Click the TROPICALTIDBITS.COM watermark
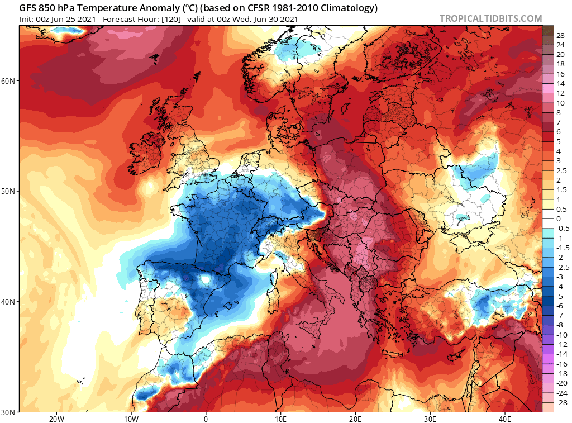(x=490, y=18)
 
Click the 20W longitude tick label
(x=56, y=418)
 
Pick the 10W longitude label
(x=131, y=418)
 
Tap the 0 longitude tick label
(x=206, y=418)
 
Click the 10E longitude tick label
(x=280, y=418)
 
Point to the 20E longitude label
(x=355, y=418)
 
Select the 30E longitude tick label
(x=430, y=418)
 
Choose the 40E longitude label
(x=505, y=418)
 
